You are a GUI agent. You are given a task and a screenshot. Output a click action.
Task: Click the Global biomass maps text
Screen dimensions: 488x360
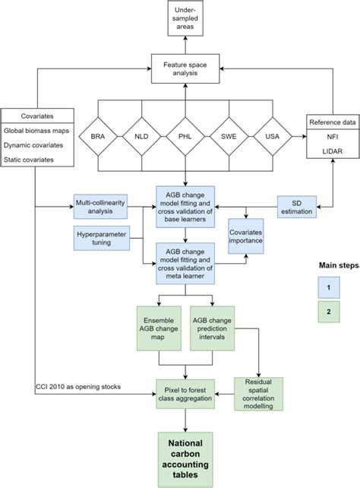(36, 132)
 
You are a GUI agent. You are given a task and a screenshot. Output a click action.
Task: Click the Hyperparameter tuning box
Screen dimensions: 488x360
(102, 237)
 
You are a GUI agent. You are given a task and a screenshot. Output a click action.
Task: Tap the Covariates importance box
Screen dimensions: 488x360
(247, 236)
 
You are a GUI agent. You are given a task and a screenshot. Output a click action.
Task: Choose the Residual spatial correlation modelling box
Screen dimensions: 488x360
(258, 393)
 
